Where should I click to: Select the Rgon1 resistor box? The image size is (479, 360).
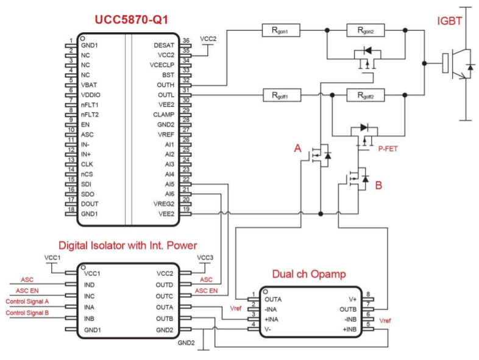coord(282,30)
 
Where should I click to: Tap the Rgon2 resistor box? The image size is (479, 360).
coord(366,30)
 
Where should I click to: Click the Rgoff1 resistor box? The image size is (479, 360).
coord(282,95)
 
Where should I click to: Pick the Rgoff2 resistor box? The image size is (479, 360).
coord(366,95)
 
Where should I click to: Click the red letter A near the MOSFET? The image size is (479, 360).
coord(297,148)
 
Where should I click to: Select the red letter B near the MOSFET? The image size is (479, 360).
coord(378,186)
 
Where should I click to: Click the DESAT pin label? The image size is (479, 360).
coord(164,45)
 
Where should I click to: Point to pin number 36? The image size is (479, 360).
coord(186,41)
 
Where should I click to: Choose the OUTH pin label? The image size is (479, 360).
coord(165,85)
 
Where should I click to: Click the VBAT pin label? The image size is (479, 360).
coord(90,85)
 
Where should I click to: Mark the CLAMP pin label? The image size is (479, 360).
coord(164,115)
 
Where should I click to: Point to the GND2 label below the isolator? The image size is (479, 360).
coord(186,343)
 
